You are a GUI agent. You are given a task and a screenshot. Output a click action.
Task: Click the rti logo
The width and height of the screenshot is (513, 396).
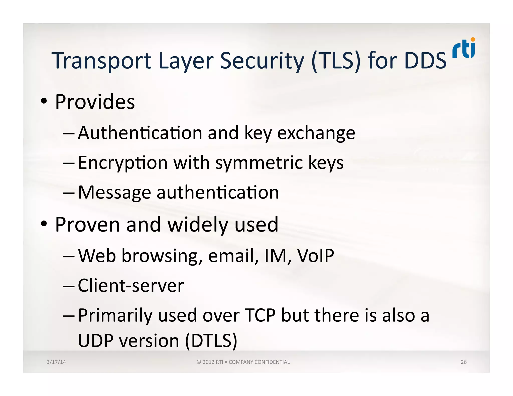pyautogui.click(x=464, y=48)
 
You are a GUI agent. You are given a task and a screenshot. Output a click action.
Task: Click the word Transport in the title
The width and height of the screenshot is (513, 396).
pyautogui.click(x=101, y=61)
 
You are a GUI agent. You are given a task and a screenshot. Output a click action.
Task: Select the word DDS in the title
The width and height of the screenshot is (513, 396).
pyautogui.click(x=425, y=61)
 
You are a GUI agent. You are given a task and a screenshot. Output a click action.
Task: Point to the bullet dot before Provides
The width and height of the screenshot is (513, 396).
pyautogui.click(x=44, y=101)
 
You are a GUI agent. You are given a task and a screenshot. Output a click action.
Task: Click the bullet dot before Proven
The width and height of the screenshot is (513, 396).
pyautogui.click(x=44, y=224)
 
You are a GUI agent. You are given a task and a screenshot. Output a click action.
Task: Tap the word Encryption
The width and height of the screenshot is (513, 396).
pyautogui.click(x=123, y=163)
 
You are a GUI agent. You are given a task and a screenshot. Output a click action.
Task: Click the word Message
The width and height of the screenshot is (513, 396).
pyautogui.click(x=114, y=192)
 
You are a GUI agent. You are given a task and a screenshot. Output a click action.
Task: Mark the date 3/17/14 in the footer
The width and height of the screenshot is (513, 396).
pyautogui.click(x=56, y=362)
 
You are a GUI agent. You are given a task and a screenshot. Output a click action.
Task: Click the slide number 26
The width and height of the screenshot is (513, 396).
pyautogui.click(x=464, y=362)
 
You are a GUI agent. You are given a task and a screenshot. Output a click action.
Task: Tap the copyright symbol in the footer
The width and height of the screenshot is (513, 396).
pyautogui.click(x=199, y=362)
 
